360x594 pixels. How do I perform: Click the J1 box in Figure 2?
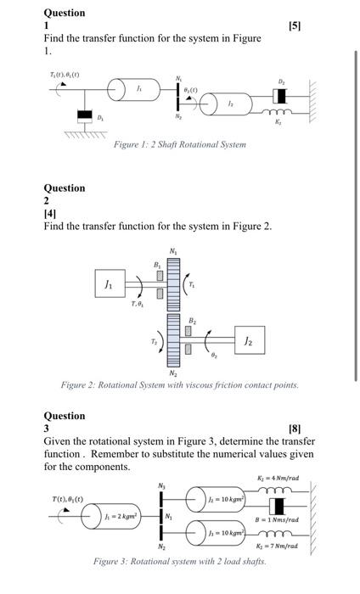(108, 285)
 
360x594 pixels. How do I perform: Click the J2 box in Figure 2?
(246, 340)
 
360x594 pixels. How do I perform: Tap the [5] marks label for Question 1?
(294, 26)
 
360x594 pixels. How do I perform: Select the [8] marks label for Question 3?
(295, 429)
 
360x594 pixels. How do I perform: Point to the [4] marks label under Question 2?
(52, 214)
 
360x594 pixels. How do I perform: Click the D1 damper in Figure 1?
(83, 115)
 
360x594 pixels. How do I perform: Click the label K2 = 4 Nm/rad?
(278, 479)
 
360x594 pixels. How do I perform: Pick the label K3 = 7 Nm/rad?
(278, 546)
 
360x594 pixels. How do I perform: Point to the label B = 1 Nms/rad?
(278, 519)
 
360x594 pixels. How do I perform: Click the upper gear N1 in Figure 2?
(174, 284)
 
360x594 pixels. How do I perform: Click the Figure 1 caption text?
(180, 144)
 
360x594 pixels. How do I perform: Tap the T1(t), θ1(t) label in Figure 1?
(65, 75)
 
